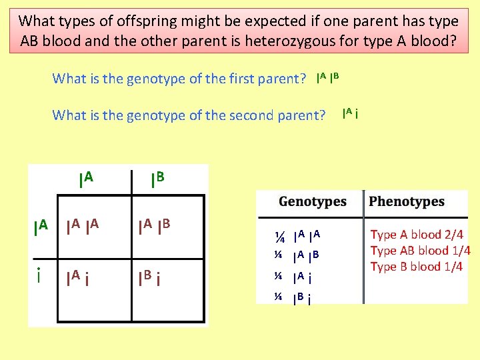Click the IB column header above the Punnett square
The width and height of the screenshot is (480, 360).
pos(157,179)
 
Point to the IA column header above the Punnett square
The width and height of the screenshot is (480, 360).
pos(85,179)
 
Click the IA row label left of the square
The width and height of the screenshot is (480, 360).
pos(41,226)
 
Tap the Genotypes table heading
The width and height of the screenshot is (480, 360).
pos(312,201)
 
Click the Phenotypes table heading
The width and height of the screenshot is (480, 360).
pos(406,201)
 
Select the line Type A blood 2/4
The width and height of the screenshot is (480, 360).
pos(417,235)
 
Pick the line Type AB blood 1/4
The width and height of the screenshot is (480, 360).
pos(420,251)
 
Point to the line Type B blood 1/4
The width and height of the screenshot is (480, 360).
pos(416,267)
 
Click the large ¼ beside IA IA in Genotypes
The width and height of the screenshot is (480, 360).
pos(281,237)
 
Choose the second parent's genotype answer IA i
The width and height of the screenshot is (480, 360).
pos(351,114)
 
